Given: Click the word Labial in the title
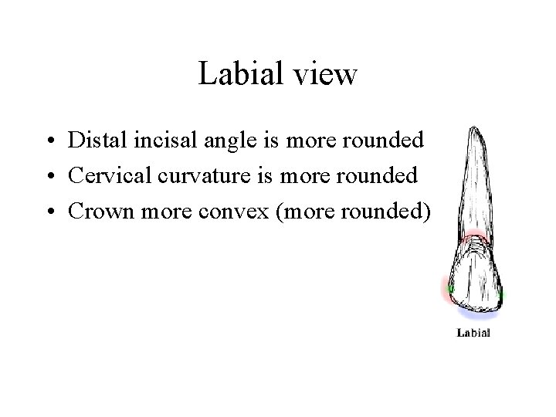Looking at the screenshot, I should [x=240, y=74].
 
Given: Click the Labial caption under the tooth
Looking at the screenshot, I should [x=474, y=334].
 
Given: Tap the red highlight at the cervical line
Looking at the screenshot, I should [x=473, y=239].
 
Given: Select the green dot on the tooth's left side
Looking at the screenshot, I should [x=450, y=290].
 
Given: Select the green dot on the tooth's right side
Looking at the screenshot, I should [x=502, y=294].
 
